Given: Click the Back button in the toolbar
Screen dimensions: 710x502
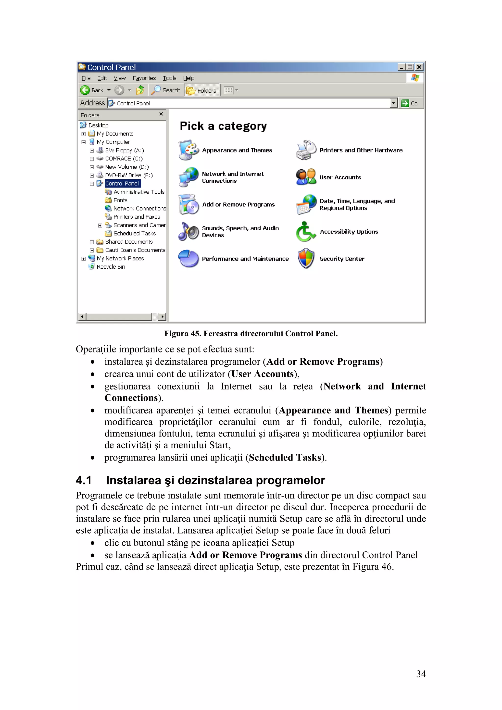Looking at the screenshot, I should [92, 90].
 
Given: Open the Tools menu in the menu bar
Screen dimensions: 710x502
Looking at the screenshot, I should [169, 78].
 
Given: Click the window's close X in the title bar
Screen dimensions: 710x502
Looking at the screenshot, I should [419, 67].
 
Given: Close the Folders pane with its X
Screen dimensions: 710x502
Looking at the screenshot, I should [161, 114].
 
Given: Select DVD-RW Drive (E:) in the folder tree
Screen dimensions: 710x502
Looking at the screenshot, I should [128, 175].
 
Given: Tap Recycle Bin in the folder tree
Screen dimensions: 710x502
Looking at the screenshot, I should [111, 267].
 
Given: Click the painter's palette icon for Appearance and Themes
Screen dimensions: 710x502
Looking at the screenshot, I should [188, 150].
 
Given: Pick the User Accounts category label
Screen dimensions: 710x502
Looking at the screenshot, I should [340, 177].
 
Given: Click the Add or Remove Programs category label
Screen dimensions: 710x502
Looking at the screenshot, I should [238, 205].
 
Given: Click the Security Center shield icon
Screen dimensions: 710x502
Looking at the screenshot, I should [306, 259].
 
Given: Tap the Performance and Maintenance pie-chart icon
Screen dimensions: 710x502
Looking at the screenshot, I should [188, 259].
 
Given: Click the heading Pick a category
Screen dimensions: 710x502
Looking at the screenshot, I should [223, 126].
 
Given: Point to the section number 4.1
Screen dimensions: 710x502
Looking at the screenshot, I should [84, 480].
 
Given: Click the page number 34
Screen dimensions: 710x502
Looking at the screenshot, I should [421, 674].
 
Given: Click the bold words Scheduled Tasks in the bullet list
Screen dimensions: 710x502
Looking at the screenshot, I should [285, 458].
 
